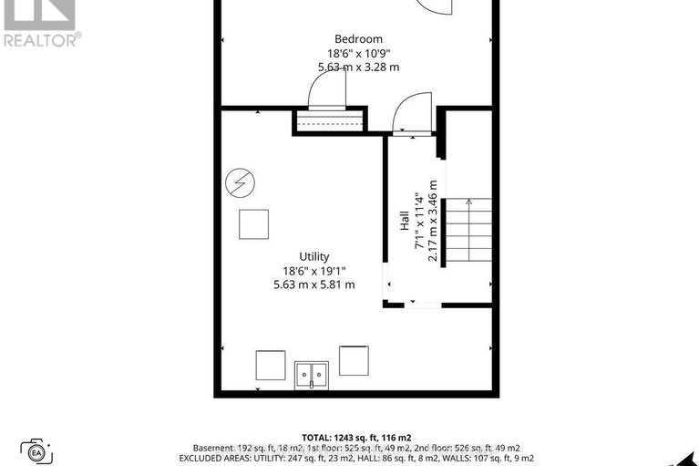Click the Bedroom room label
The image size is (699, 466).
(358, 38)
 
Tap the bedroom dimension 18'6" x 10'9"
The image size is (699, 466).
(358, 53)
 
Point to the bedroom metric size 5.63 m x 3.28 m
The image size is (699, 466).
(358, 67)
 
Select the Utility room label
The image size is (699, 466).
(314, 256)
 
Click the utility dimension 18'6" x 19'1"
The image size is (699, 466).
(314, 271)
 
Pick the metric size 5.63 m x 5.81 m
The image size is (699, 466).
(314, 285)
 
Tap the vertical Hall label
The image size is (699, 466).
(405, 222)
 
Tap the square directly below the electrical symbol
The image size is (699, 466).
(253, 223)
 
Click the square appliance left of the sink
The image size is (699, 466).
(270, 364)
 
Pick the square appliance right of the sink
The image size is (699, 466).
(354, 359)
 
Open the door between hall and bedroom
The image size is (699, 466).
(412, 111)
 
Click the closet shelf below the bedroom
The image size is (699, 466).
(330, 122)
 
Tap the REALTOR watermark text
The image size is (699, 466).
(41, 38)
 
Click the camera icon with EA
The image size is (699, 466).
(37, 450)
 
